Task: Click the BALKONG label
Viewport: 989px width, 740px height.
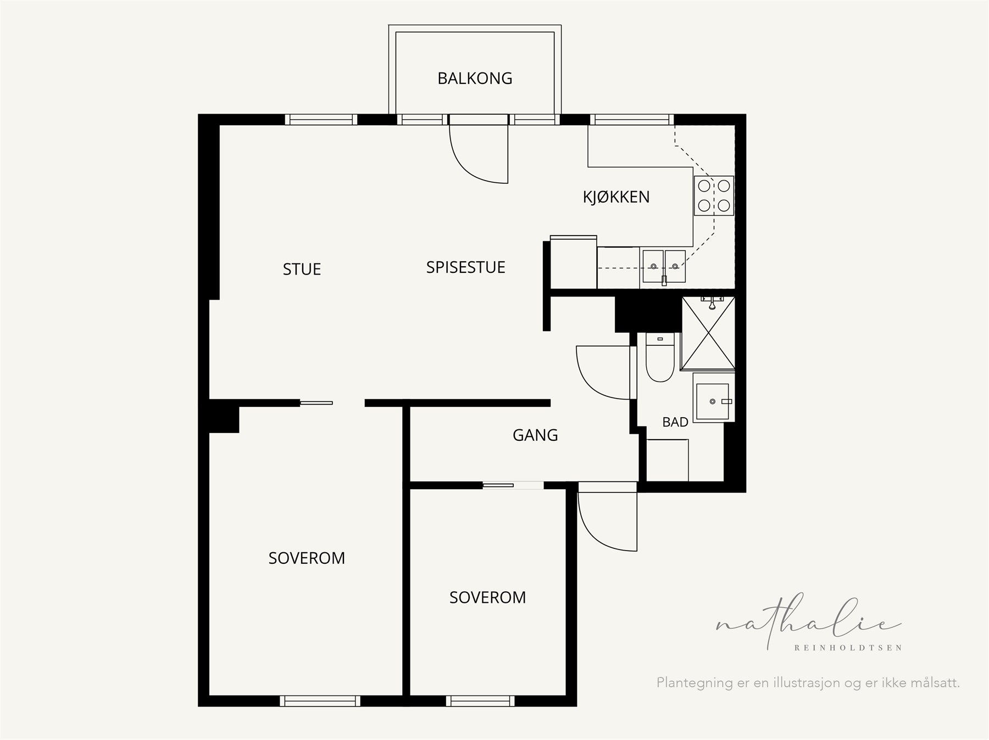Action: point(475,79)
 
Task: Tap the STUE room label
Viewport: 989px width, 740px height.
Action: point(302,269)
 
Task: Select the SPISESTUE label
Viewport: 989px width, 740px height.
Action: point(465,267)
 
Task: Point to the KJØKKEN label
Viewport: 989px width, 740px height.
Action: point(616,197)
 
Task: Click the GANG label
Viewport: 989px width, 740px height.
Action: point(535,435)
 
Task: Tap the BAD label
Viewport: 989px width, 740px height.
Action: point(675,422)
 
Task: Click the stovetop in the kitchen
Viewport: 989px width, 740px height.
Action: point(714,195)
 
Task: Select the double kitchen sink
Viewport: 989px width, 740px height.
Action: point(664,267)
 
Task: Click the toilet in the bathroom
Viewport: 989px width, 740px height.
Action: point(659,357)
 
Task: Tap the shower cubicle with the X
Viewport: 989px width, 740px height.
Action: point(708,333)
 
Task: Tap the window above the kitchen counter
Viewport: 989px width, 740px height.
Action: point(632,120)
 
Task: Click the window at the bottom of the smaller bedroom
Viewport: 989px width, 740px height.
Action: point(480,701)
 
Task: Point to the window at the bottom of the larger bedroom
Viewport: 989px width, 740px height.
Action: point(320,701)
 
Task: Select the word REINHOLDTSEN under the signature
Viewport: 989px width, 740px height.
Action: point(848,648)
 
